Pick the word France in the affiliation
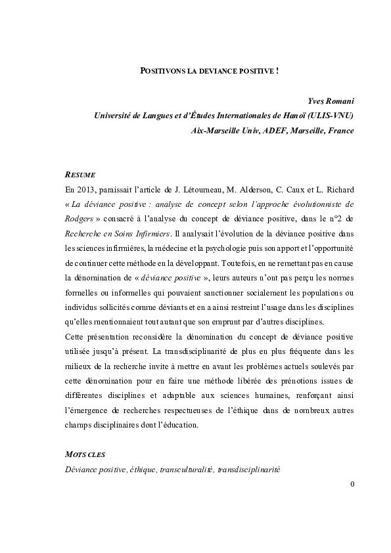click(x=339, y=130)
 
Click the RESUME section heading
click(x=81, y=175)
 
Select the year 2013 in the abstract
click(x=86, y=189)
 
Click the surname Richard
click(x=340, y=189)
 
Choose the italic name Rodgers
click(x=81, y=217)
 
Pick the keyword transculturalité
click(x=187, y=469)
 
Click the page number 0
click(x=352, y=485)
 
